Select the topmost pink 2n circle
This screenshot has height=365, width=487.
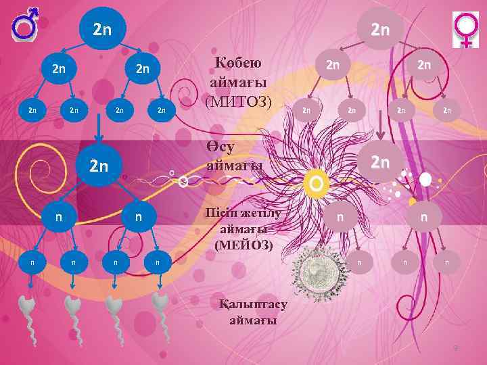tap(380, 29)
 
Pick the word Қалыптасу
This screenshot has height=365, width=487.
tap(254, 305)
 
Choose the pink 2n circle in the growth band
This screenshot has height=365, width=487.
tap(381, 162)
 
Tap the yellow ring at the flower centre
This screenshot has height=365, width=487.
tap(317, 182)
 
